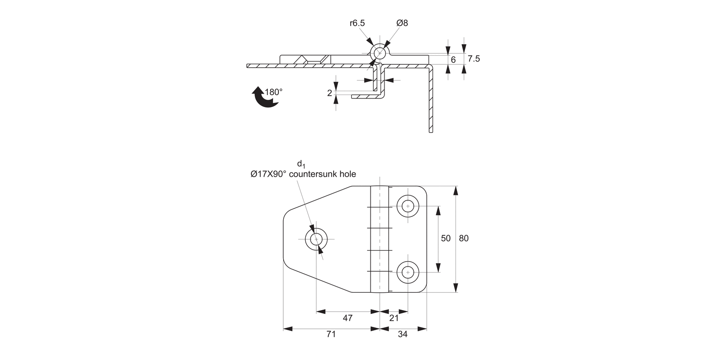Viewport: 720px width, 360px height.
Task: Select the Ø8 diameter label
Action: (402, 23)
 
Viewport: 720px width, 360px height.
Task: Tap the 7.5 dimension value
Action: (474, 59)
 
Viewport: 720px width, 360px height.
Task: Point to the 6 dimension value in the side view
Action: (453, 60)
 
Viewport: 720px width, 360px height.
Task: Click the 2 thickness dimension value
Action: (330, 93)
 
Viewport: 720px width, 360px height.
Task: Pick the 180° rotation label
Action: (274, 92)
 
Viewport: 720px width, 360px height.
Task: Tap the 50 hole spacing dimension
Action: (445, 239)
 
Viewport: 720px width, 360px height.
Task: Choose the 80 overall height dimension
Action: (464, 239)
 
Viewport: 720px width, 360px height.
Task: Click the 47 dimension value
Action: (348, 318)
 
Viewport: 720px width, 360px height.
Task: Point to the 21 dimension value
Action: (394, 318)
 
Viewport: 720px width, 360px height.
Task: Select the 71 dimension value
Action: (331, 335)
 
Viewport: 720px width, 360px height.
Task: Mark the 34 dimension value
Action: (403, 335)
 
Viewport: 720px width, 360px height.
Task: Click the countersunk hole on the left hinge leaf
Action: (316, 239)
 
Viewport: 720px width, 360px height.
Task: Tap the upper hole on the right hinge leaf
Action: (408, 206)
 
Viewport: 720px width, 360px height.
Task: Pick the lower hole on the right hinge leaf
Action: (408, 272)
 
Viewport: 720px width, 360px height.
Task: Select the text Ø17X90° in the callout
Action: (268, 174)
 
